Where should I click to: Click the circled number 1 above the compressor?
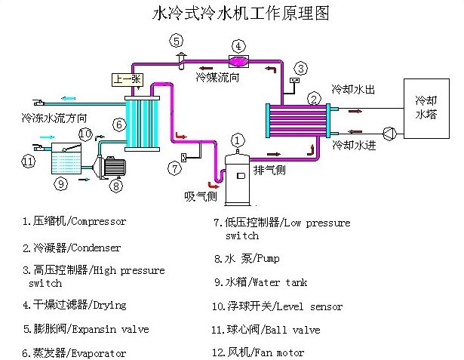pos(238,140)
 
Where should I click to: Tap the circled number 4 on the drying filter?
pos(238,47)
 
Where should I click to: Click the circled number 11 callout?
pos(29,161)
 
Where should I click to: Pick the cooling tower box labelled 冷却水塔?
pos(428,106)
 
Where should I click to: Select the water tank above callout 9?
pos(62,158)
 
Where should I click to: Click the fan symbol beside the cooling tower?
pos(389,132)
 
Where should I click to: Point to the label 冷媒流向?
pos(215,76)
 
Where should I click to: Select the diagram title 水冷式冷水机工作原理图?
pos(231,14)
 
